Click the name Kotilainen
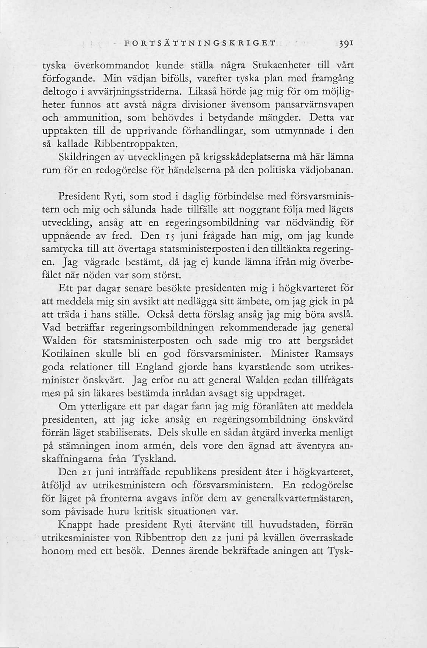tap(66, 354)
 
